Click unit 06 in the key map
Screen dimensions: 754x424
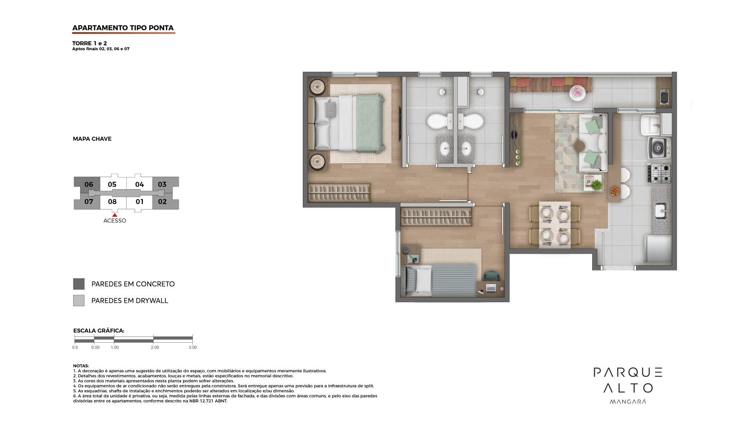(x=89, y=184)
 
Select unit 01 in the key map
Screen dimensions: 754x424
(x=139, y=202)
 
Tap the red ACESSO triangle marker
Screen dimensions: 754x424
(x=115, y=215)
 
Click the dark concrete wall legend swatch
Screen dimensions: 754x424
(x=79, y=284)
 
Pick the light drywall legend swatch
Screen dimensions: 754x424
(x=79, y=301)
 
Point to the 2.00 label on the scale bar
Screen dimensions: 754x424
(x=155, y=347)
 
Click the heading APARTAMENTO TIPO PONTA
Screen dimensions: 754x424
(x=123, y=28)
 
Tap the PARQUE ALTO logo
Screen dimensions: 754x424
(x=628, y=386)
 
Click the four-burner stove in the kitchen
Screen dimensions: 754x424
(x=659, y=174)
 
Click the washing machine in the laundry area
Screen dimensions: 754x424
(x=660, y=148)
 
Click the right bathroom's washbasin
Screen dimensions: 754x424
(x=466, y=148)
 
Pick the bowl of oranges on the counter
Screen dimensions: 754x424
(x=615, y=191)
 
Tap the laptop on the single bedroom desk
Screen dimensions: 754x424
(x=491, y=288)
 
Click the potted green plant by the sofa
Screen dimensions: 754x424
(x=596, y=185)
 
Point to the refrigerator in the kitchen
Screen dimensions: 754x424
(x=658, y=249)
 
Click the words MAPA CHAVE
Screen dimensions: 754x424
(x=92, y=139)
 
